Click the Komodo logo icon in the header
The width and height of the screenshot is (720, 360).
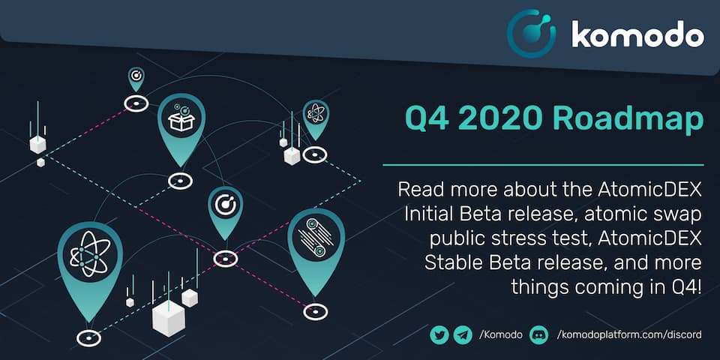pyautogui.click(x=531, y=34)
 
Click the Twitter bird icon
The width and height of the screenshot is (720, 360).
pyautogui.click(x=439, y=334)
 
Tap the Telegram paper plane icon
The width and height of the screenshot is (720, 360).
pyautogui.click(x=461, y=334)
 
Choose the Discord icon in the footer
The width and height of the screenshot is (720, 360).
pyautogui.click(x=539, y=334)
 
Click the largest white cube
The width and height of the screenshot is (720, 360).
pyautogui.click(x=168, y=318)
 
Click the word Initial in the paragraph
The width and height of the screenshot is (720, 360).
pyautogui.click(x=431, y=213)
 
